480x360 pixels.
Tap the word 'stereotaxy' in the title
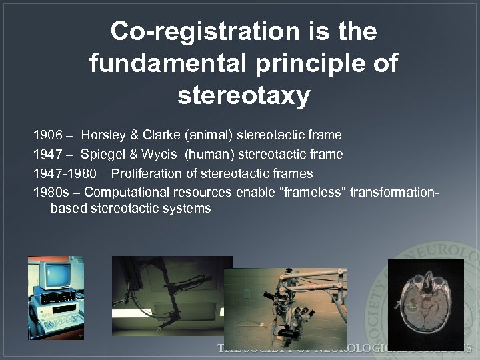click(244, 96)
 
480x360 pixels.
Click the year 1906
click(47, 135)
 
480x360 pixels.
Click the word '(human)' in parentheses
click(209, 155)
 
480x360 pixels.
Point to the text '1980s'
click(49, 193)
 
